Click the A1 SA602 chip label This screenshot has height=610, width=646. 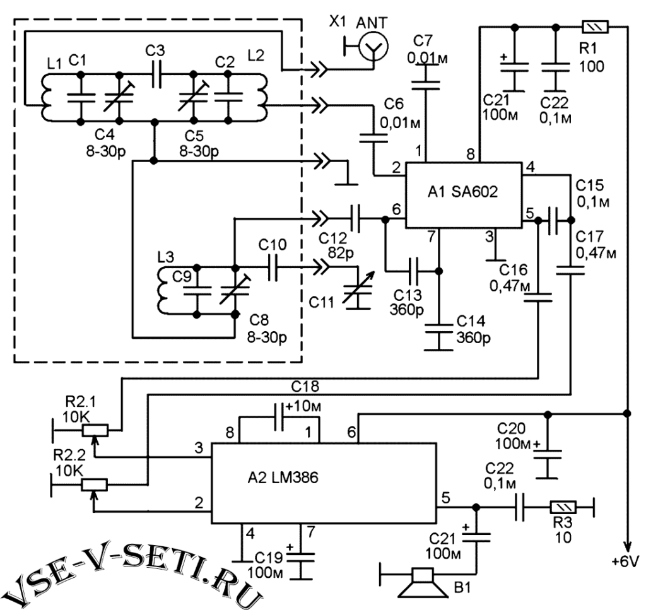point(462,192)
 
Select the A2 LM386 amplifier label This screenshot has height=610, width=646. point(283,478)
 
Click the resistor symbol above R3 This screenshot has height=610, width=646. point(563,507)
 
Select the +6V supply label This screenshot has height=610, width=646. point(625,561)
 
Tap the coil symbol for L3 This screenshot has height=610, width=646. point(161,290)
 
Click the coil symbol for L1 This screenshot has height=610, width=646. point(47,98)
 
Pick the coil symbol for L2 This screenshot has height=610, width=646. point(261,98)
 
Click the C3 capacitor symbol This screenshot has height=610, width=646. point(156,74)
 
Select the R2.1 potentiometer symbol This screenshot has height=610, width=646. point(95,430)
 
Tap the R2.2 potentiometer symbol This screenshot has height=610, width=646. point(95,484)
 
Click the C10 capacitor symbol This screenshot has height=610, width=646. point(273,267)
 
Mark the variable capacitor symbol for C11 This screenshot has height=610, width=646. point(358,291)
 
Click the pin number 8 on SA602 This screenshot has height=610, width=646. point(471,154)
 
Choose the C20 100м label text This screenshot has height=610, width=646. point(512,436)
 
